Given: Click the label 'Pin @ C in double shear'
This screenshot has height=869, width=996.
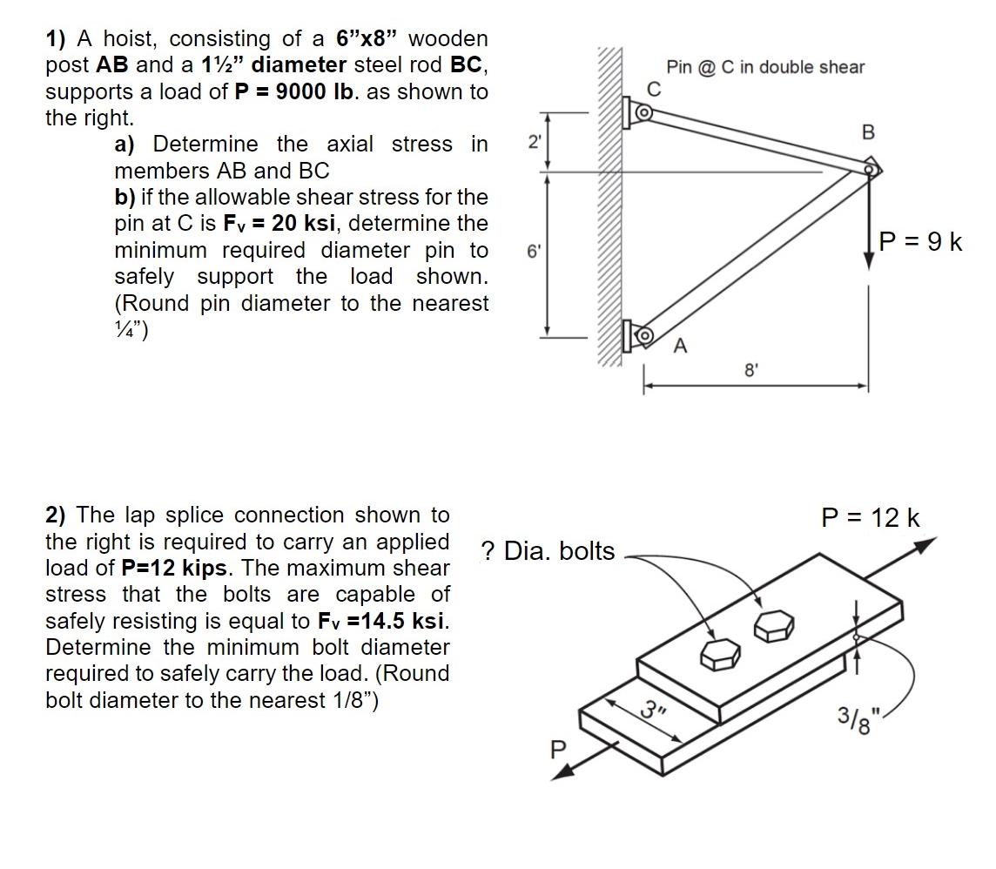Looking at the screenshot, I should (765, 67).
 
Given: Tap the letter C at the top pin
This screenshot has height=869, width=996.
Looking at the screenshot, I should (654, 89).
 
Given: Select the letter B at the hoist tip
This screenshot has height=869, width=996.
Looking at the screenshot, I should (867, 132).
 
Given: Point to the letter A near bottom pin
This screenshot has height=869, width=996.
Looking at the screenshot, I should (681, 347).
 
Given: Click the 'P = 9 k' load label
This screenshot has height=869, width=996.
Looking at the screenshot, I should (920, 241).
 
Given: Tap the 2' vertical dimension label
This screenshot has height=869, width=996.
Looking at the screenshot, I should (533, 143).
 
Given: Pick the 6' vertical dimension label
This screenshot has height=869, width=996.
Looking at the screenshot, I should (533, 251).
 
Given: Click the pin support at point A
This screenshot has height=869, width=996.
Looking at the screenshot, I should (642, 335).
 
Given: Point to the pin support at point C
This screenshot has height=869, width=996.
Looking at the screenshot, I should (642, 112).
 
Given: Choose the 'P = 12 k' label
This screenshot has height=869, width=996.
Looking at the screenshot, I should (871, 518).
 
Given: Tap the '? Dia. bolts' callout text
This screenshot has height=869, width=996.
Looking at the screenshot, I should (548, 551).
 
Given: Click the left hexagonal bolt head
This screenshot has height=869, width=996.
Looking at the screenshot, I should (720, 656).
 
